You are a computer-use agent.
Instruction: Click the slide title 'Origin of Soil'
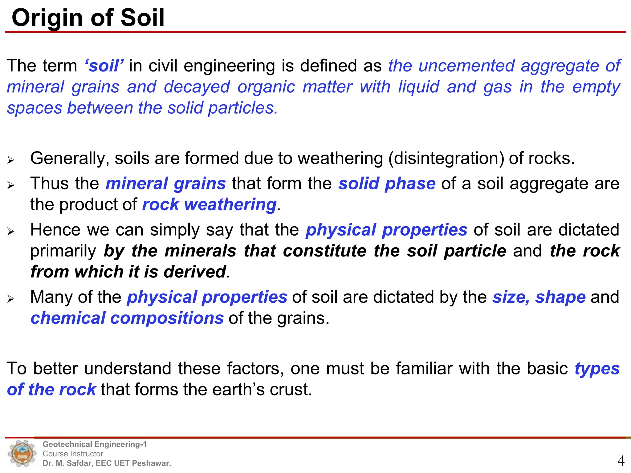pyautogui.click(x=88, y=18)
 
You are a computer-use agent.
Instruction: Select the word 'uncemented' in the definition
pyautogui.click(x=466, y=66)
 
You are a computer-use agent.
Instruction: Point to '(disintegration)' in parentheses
pyautogui.click(x=446, y=159)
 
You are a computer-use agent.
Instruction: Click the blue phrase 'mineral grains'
pyautogui.click(x=166, y=184)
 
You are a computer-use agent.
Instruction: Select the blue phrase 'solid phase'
pyautogui.click(x=387, y=184)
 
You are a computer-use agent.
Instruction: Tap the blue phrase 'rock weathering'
pyautogui.click(x=209, y=205)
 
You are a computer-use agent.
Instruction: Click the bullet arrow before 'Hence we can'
pyautogui.click(x=11, y=231)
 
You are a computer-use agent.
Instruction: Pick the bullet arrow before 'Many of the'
pyautogui.click(x=11, y=298)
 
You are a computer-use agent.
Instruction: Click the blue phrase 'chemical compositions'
pyautogui.click(x=127, y=318)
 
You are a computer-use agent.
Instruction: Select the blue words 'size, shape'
pyautogui.click(x=539, y=297)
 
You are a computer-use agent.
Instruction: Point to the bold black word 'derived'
pyautogui.click(x=195, y=272)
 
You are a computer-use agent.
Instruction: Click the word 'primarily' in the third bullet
pyautogui.click(x=63, y=251)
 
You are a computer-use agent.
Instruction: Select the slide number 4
pyautogui.click(x=621, y=461)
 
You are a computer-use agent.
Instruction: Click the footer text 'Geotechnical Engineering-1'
pyautogui.click(x=95, y=444)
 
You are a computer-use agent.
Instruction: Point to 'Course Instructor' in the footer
pyautogui.click(x=73, y=454)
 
